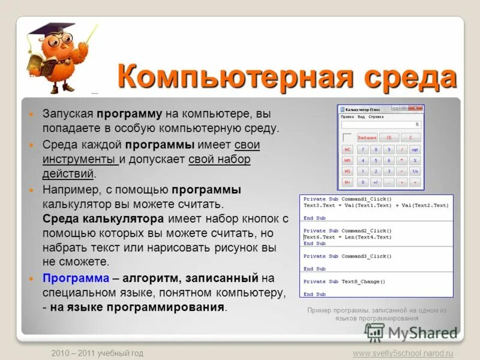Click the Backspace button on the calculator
click(x=367, y=137)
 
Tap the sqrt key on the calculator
click(x=415, y=149)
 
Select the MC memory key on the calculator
click(x=347, y=149)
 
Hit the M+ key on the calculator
click(x=347, y=182)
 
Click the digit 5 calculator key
click(x=388, y=160)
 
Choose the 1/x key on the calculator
click(x=415, y=171)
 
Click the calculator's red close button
click(x=419, y=108)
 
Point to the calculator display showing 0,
click(x=382, y=125)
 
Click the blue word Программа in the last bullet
click(x=76, y=278)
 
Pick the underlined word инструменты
click(x=80, y=160)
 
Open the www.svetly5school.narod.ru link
click(x=403, y=353)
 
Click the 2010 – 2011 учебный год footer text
click(x=97, y=353)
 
